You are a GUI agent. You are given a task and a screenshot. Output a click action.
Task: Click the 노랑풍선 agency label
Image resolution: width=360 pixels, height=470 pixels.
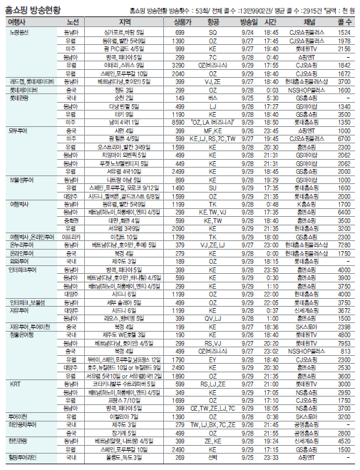click(x=19, y=34)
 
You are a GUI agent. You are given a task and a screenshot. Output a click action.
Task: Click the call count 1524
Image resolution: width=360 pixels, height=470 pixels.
click(x=344, y=34)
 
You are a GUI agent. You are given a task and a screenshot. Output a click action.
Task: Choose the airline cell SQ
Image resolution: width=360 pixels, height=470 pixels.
click(x=212, y=34)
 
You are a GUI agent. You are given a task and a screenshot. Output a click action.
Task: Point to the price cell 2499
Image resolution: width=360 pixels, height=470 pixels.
click(x=181, y=173)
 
